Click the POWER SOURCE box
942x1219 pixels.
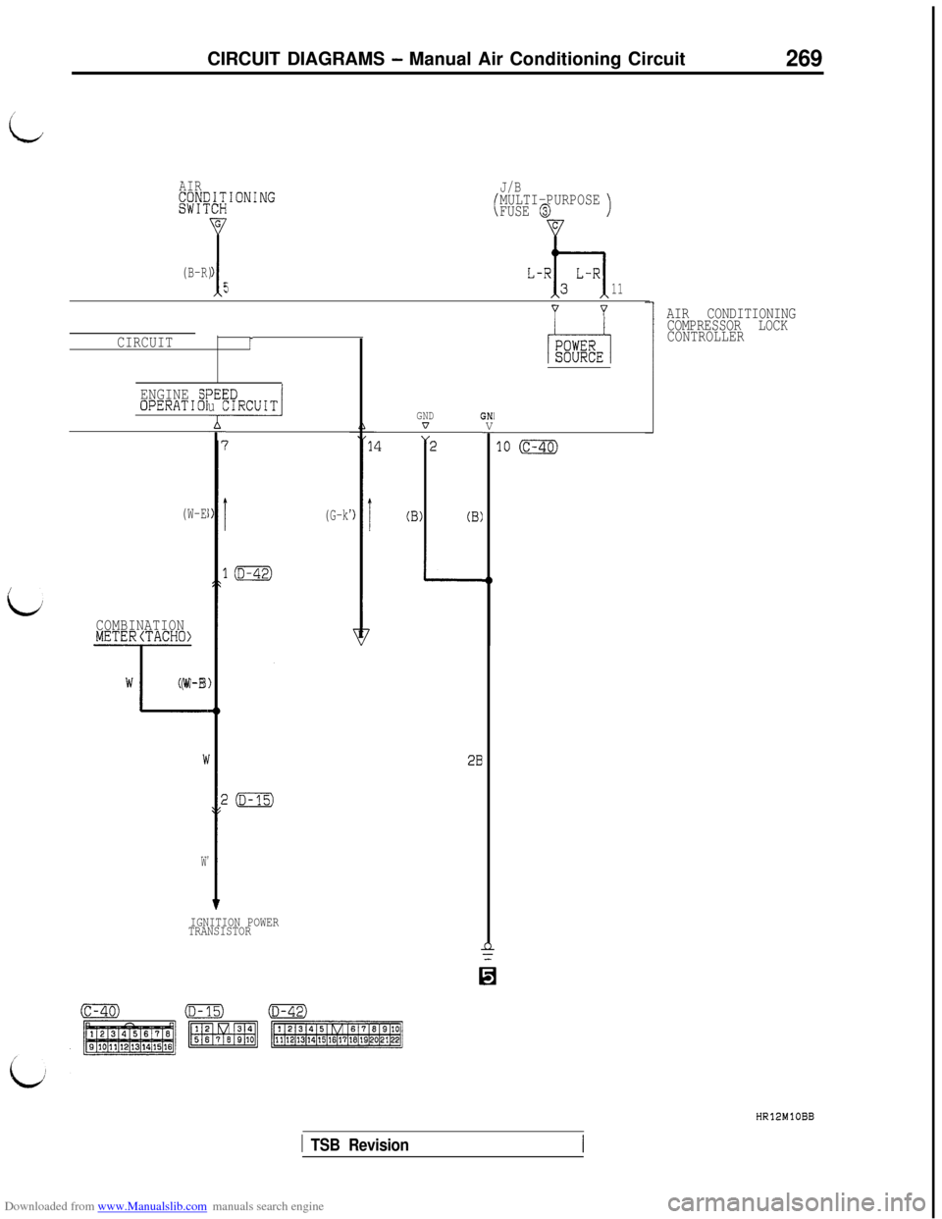pyautogui.click(x=579, y=350)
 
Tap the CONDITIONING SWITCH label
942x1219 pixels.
pyautogui.click(x=227, y=201)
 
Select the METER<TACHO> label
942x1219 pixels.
pyautogui.click(x=143, y=636)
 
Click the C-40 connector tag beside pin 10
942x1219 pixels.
pyautogui.click(x=539, y=447)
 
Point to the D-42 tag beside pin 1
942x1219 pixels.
pyautogui.click(x=253, y=574)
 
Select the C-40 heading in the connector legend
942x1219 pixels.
pyautogui.click(x=100, y=1012)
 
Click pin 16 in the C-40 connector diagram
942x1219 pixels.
pyautogui.click(x=169, y=1046)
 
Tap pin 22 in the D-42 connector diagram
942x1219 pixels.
pyautogui.click(x=395, y=1041)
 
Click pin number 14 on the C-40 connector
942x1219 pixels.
pyautogui.click(x=375, y=447)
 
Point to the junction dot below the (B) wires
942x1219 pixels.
pyautogui.click(x=489, y=580)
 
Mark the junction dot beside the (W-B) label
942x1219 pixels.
pyautogui.click(x=217, y=710)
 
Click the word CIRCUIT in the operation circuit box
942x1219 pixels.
pyautogui.click(x=252, y=405)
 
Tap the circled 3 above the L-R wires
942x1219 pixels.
pyautogui.click(x=545, y=208)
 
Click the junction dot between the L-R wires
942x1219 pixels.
pyautogui.click(x=555, y=252)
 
